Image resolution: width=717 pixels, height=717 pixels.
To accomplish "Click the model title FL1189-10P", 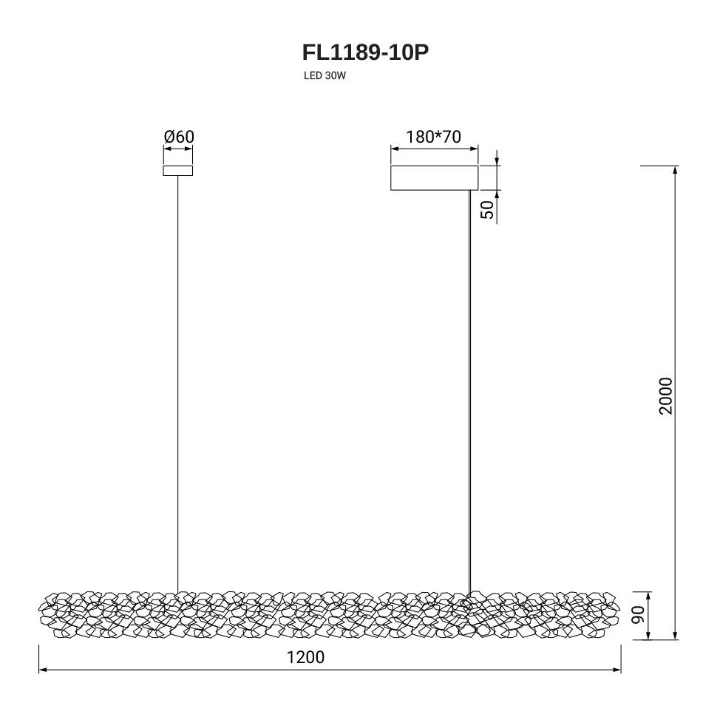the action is pos(365,52).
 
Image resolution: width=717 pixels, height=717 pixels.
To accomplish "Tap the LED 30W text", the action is pos(324,76).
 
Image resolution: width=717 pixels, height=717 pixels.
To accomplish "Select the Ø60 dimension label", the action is pos(179,136).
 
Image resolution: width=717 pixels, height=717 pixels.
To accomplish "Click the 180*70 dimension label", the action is pos(433,137).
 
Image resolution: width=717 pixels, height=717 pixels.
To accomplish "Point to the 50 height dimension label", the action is pos(488,210).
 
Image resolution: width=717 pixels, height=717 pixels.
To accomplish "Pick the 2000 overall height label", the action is pos(666,396).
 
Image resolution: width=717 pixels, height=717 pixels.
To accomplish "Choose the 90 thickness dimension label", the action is pos(638,614).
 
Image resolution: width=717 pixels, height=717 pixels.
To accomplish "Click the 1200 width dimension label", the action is pos(305,657).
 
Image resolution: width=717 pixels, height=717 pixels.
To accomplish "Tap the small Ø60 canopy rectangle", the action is pos(178,171).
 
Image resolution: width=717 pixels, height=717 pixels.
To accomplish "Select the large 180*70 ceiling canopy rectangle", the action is pos(435,178).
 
